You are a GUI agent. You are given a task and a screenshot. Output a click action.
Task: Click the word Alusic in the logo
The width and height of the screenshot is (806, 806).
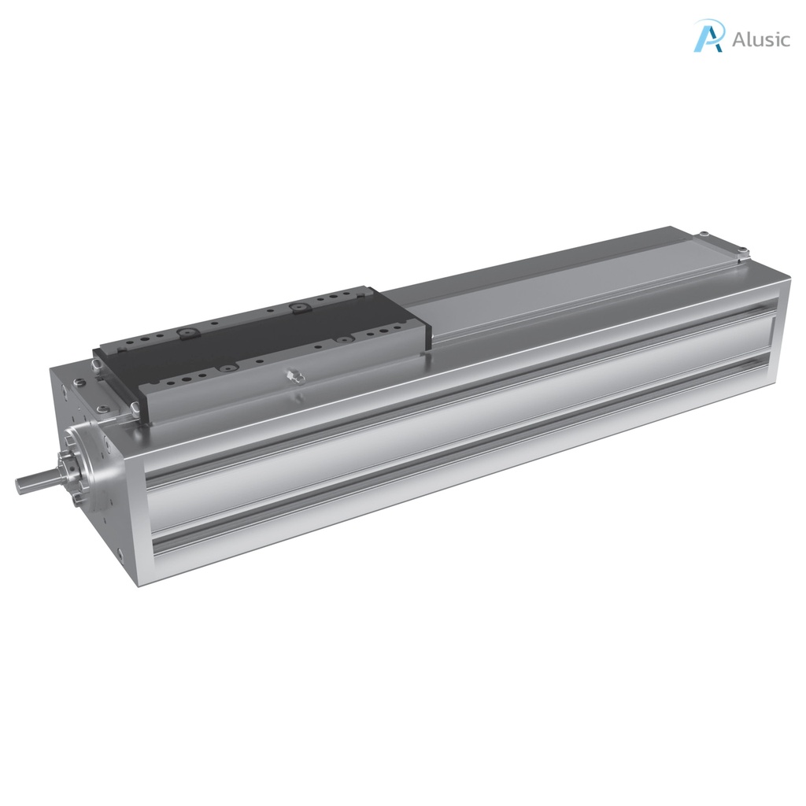[760, 39]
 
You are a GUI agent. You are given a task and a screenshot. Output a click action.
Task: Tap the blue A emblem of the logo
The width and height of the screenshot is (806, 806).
[708, 37]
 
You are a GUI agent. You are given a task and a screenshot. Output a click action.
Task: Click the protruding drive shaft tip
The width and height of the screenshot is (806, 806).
[24, 482]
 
